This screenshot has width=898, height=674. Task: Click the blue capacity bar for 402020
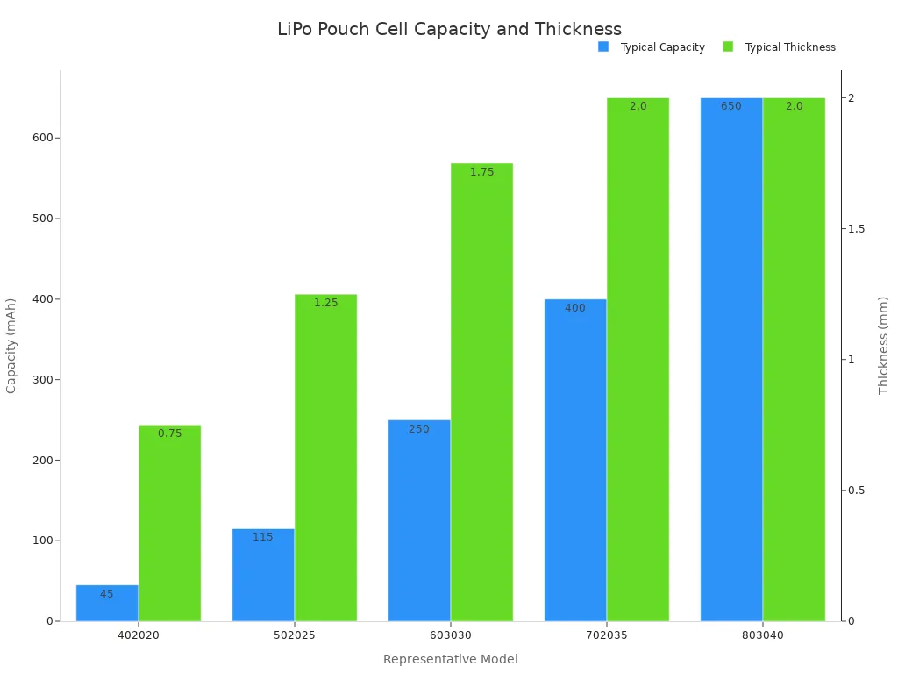coord(107,604)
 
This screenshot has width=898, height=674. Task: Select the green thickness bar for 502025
coord(325,457)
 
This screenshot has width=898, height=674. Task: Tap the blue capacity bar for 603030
coord(419,520)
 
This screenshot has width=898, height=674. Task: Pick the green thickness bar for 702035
coord(638,359)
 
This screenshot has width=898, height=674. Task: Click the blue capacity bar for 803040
coord(731,359)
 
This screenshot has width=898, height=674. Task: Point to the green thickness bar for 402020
coord(169,523)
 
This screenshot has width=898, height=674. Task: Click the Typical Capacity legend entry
coord(652,47)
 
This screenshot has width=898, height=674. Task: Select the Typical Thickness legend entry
coord(779,47)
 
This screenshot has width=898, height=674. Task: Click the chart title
coord(449,29)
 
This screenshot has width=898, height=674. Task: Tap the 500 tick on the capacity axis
coord(41,219)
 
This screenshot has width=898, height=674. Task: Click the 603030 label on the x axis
coord(450,635)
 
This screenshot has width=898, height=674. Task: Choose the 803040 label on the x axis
coord(762,635)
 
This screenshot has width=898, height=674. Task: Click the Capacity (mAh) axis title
coord(11,346)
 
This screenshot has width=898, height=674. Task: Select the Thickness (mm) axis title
coord(883,345)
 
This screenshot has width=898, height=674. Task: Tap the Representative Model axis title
coord(450,659)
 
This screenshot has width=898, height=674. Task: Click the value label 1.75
coord(481,172)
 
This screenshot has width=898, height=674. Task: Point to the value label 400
coord(575,308)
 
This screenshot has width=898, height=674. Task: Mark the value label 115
coord(263,537)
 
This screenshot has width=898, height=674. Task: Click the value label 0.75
coord(169,434)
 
